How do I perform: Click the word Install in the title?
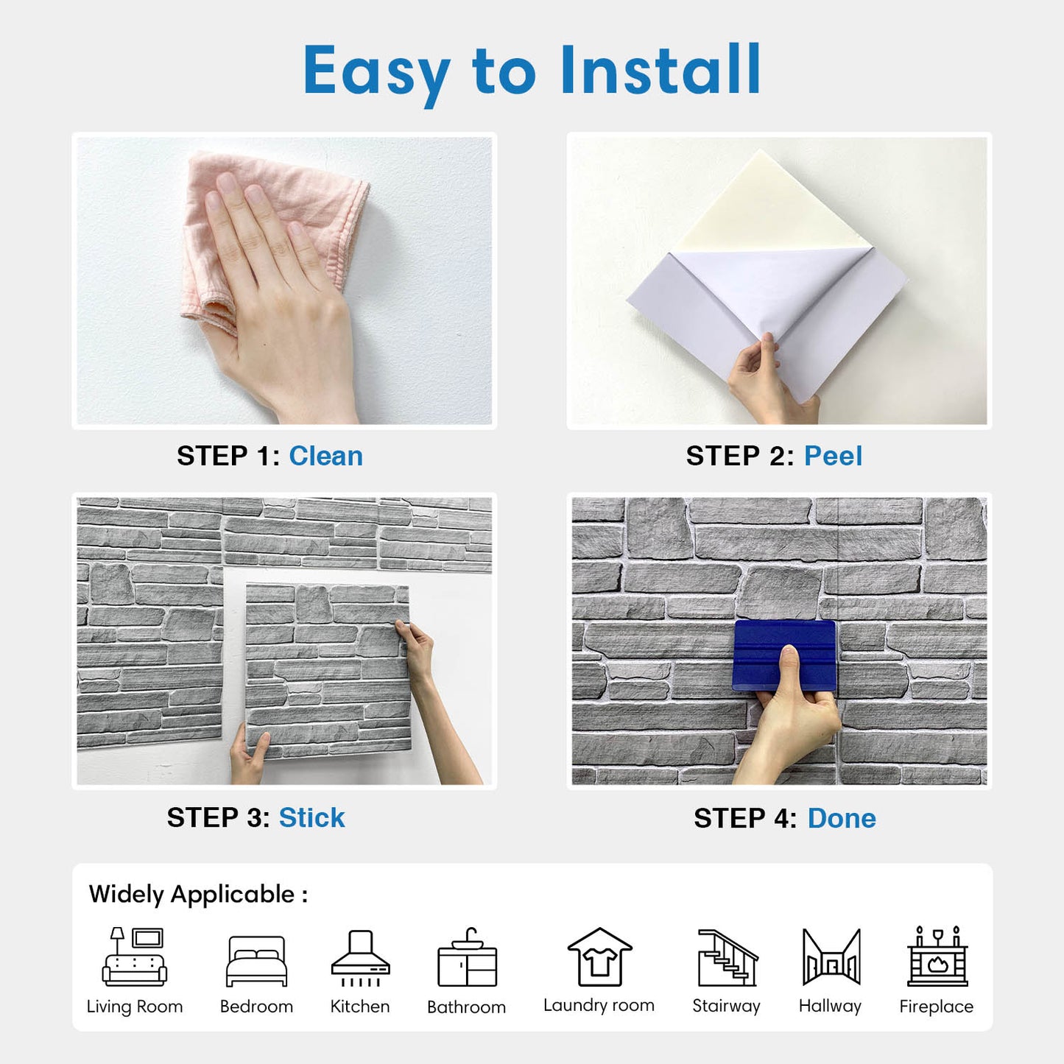[x=660, y=70]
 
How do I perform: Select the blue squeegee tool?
[x=784, y=655]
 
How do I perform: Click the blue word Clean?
[x=325, y=456]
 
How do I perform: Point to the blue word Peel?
[x=833, y=456]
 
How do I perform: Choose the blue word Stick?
[x=311, y=818]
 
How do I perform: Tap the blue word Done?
[x=842, y=818]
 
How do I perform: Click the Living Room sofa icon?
[x=135, y=957]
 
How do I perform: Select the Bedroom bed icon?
[x=256, y=962]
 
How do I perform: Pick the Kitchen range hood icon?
[x=361, y=958]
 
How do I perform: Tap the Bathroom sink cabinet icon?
[x=467, y=957]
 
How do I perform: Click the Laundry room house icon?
[x=599, y=957]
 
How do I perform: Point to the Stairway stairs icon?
[x=727, y=958]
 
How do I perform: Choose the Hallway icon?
[x=831, y=957]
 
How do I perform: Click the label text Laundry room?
[x=599, y=1006]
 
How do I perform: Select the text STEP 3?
[x=219, y=818]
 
